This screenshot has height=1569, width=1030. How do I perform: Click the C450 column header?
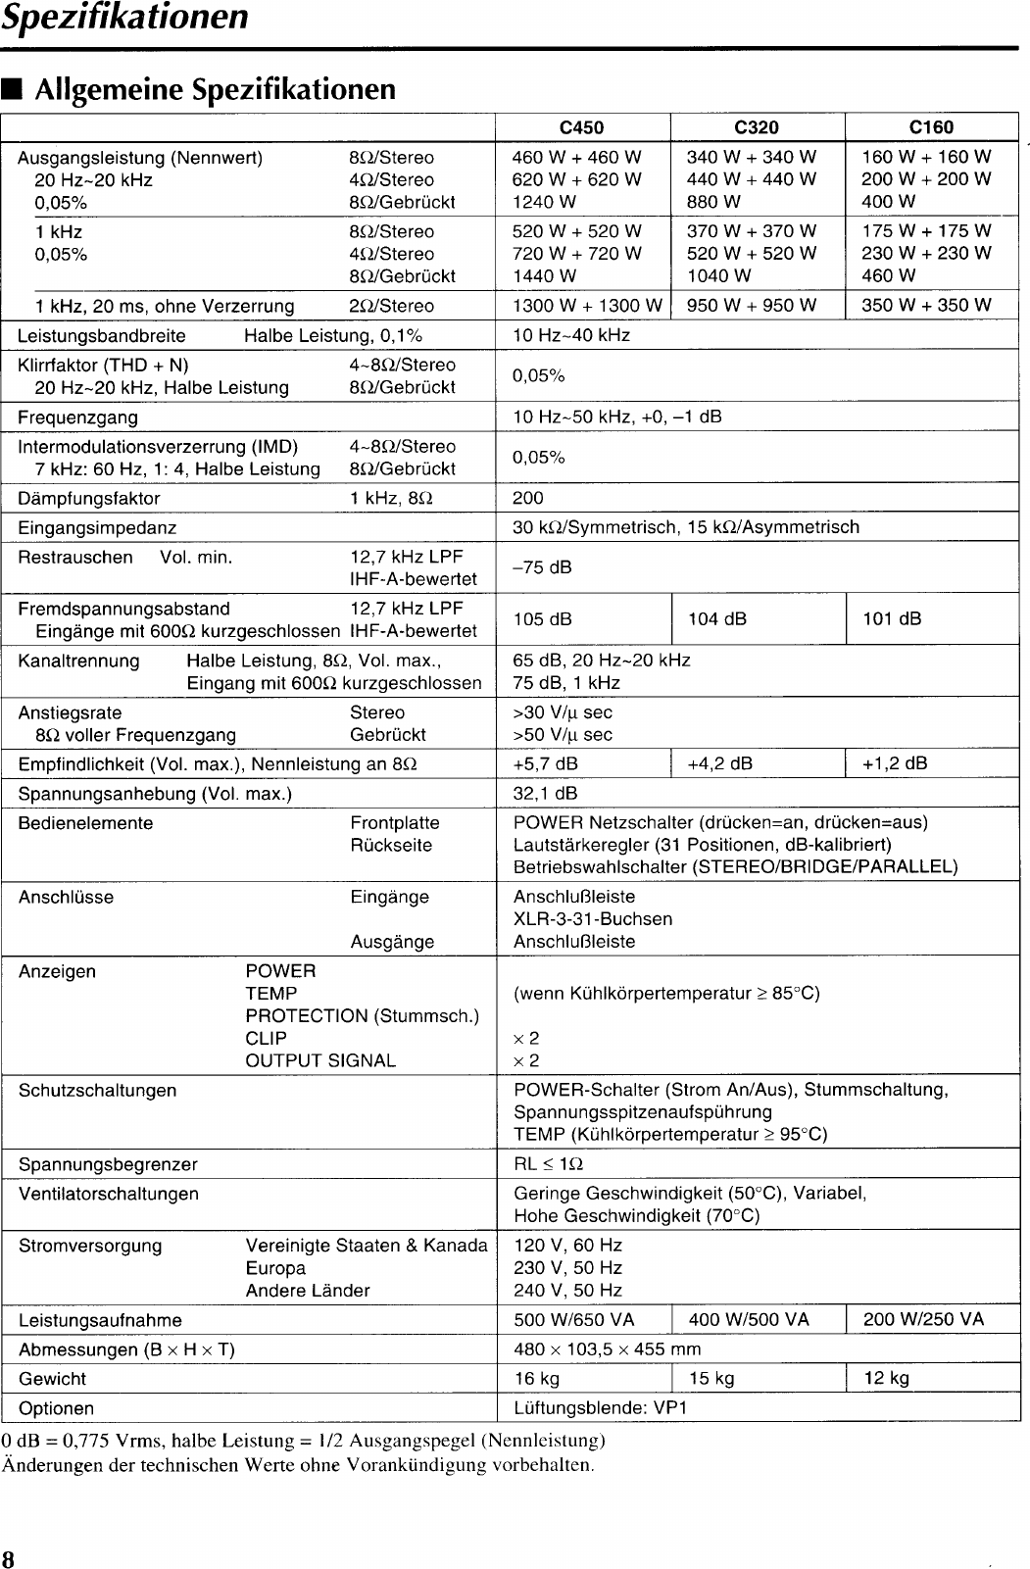pyautogui.click(x=581, y=127)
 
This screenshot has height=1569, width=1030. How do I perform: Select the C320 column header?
pyautogui.click(x=756, y=127)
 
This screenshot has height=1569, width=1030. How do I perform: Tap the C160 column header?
pyautogui.click(x=931, y=127)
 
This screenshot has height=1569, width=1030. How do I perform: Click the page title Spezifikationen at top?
pyautogui.click(x=124, y=18)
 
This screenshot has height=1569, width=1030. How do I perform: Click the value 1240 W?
pyautogui.click(x=544, y=202)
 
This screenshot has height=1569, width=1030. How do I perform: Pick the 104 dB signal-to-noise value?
pyautogui.click(x=717, y=618)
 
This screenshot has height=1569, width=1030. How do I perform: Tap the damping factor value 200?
pyautogui.click(x=527, y=498)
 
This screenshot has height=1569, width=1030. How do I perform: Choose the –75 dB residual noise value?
pyautogui.click(x=542, y=567)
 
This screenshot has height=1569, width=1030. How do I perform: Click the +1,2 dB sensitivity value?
pyautogui.click(x=894, y=763)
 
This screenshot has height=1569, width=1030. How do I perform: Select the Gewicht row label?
pyautogui.click(x=52, y=1379)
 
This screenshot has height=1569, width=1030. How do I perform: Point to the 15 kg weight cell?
pyautogui.click(x=711, y=1379)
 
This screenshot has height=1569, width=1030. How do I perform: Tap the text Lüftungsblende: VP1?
pyautogui.click(x=600, y=1408)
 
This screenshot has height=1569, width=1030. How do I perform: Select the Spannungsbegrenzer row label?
pyautogui.click(x=108, y=1164)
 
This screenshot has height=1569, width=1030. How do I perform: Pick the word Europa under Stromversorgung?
pyautogui.click(x=275, y=1268)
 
